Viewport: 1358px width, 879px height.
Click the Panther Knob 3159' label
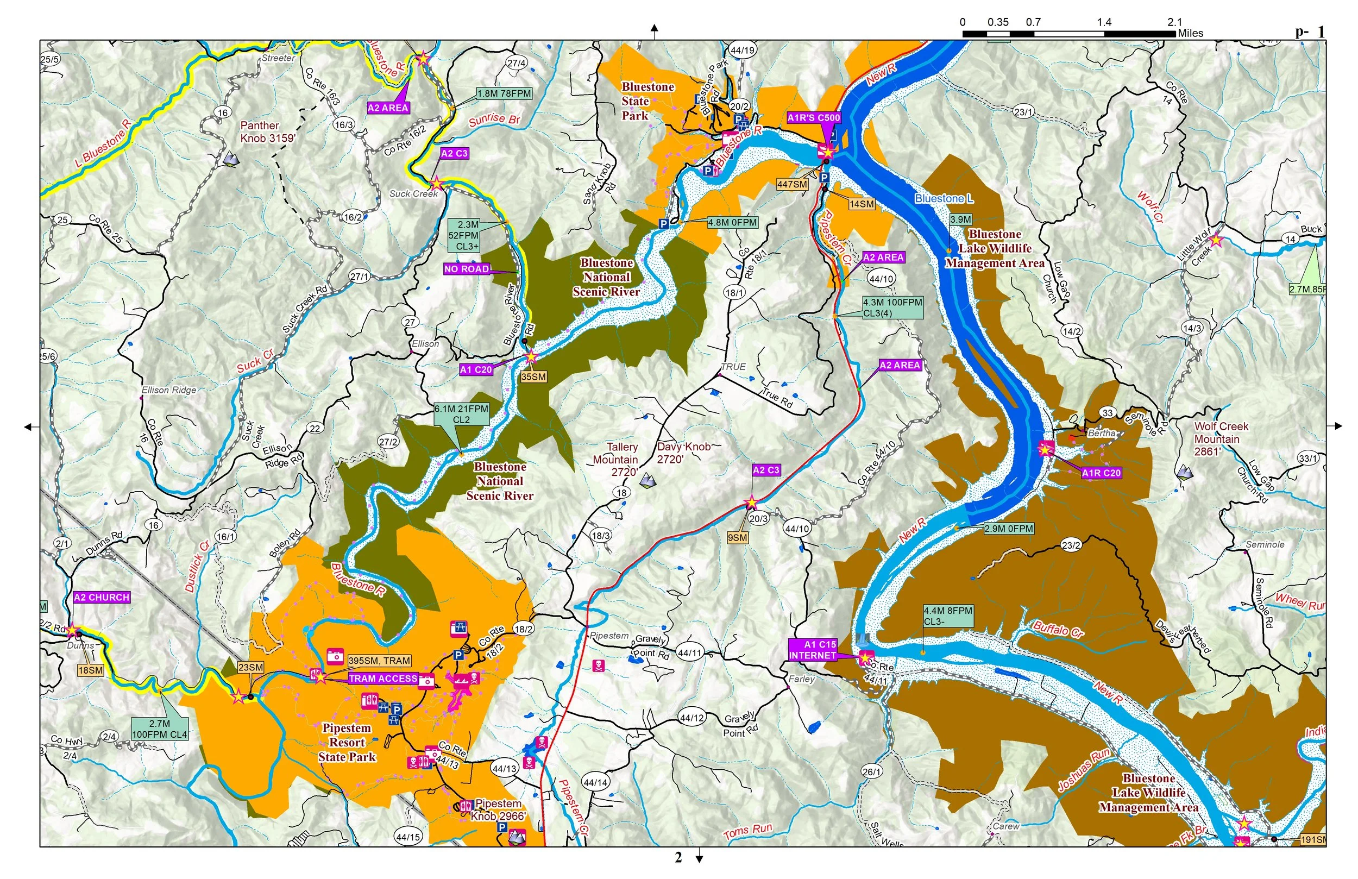coord(268,131)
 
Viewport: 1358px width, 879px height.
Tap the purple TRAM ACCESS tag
coord(383,679)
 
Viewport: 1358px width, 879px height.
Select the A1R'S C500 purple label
coord(814,118)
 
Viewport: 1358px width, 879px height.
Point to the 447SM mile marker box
coord(792,184)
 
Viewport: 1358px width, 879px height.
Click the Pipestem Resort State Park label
coord(347,743)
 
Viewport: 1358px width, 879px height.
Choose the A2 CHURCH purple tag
coord(102,598)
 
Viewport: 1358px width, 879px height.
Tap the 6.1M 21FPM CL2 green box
coord(462,414)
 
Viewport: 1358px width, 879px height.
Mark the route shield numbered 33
coord(1108,413)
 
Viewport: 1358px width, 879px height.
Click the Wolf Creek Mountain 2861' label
coord(1221,439)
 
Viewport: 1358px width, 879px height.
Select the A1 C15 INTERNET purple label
coord(813,650)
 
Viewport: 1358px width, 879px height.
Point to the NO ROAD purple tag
coord(467,269)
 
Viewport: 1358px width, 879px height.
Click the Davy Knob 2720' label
coord(683,453)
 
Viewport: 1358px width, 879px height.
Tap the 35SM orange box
coord(533,376)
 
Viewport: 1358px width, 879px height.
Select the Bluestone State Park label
coord(647,101)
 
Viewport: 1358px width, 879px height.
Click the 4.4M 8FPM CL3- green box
coord(948,616)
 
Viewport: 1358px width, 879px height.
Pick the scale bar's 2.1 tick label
coord(1174,22)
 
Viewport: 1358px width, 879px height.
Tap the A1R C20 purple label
coord(1101,473)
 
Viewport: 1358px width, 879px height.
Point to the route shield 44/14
coord(595,782)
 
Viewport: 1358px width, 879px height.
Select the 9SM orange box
coord(737,538)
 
